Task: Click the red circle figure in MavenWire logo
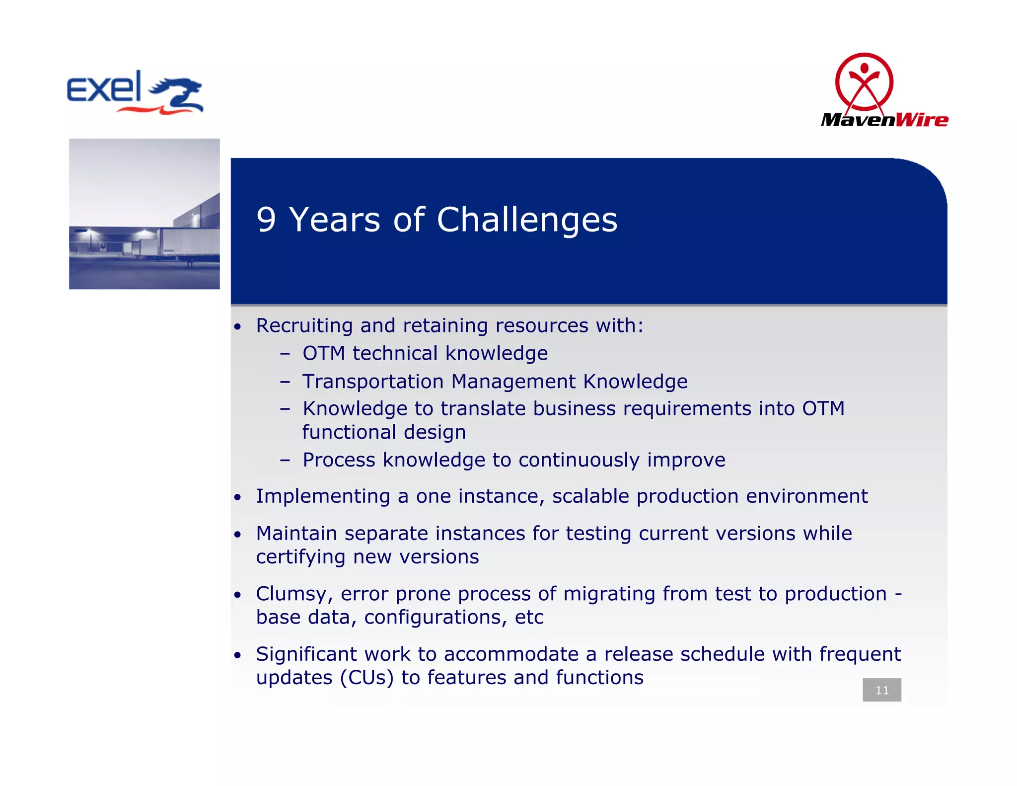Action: [x=864, y=82]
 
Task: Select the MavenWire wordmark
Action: [x=884, y=120]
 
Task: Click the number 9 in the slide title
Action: [x=266, y=220]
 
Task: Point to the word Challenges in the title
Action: [x=527, y=220]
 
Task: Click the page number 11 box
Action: [x=881, y=690]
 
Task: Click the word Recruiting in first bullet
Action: [x=304, y=326]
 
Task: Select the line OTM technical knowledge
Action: [x=425, y=354]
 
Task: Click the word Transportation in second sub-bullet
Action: [x=373, y=382]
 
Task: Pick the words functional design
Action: [x=384, y=432]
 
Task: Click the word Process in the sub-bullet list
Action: [x=339, y=460]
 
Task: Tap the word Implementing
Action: [x=323, y=496]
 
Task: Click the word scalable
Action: [x=590, y=496]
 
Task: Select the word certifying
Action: [x=300, y=557]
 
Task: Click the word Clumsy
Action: [x=291, y=594]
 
